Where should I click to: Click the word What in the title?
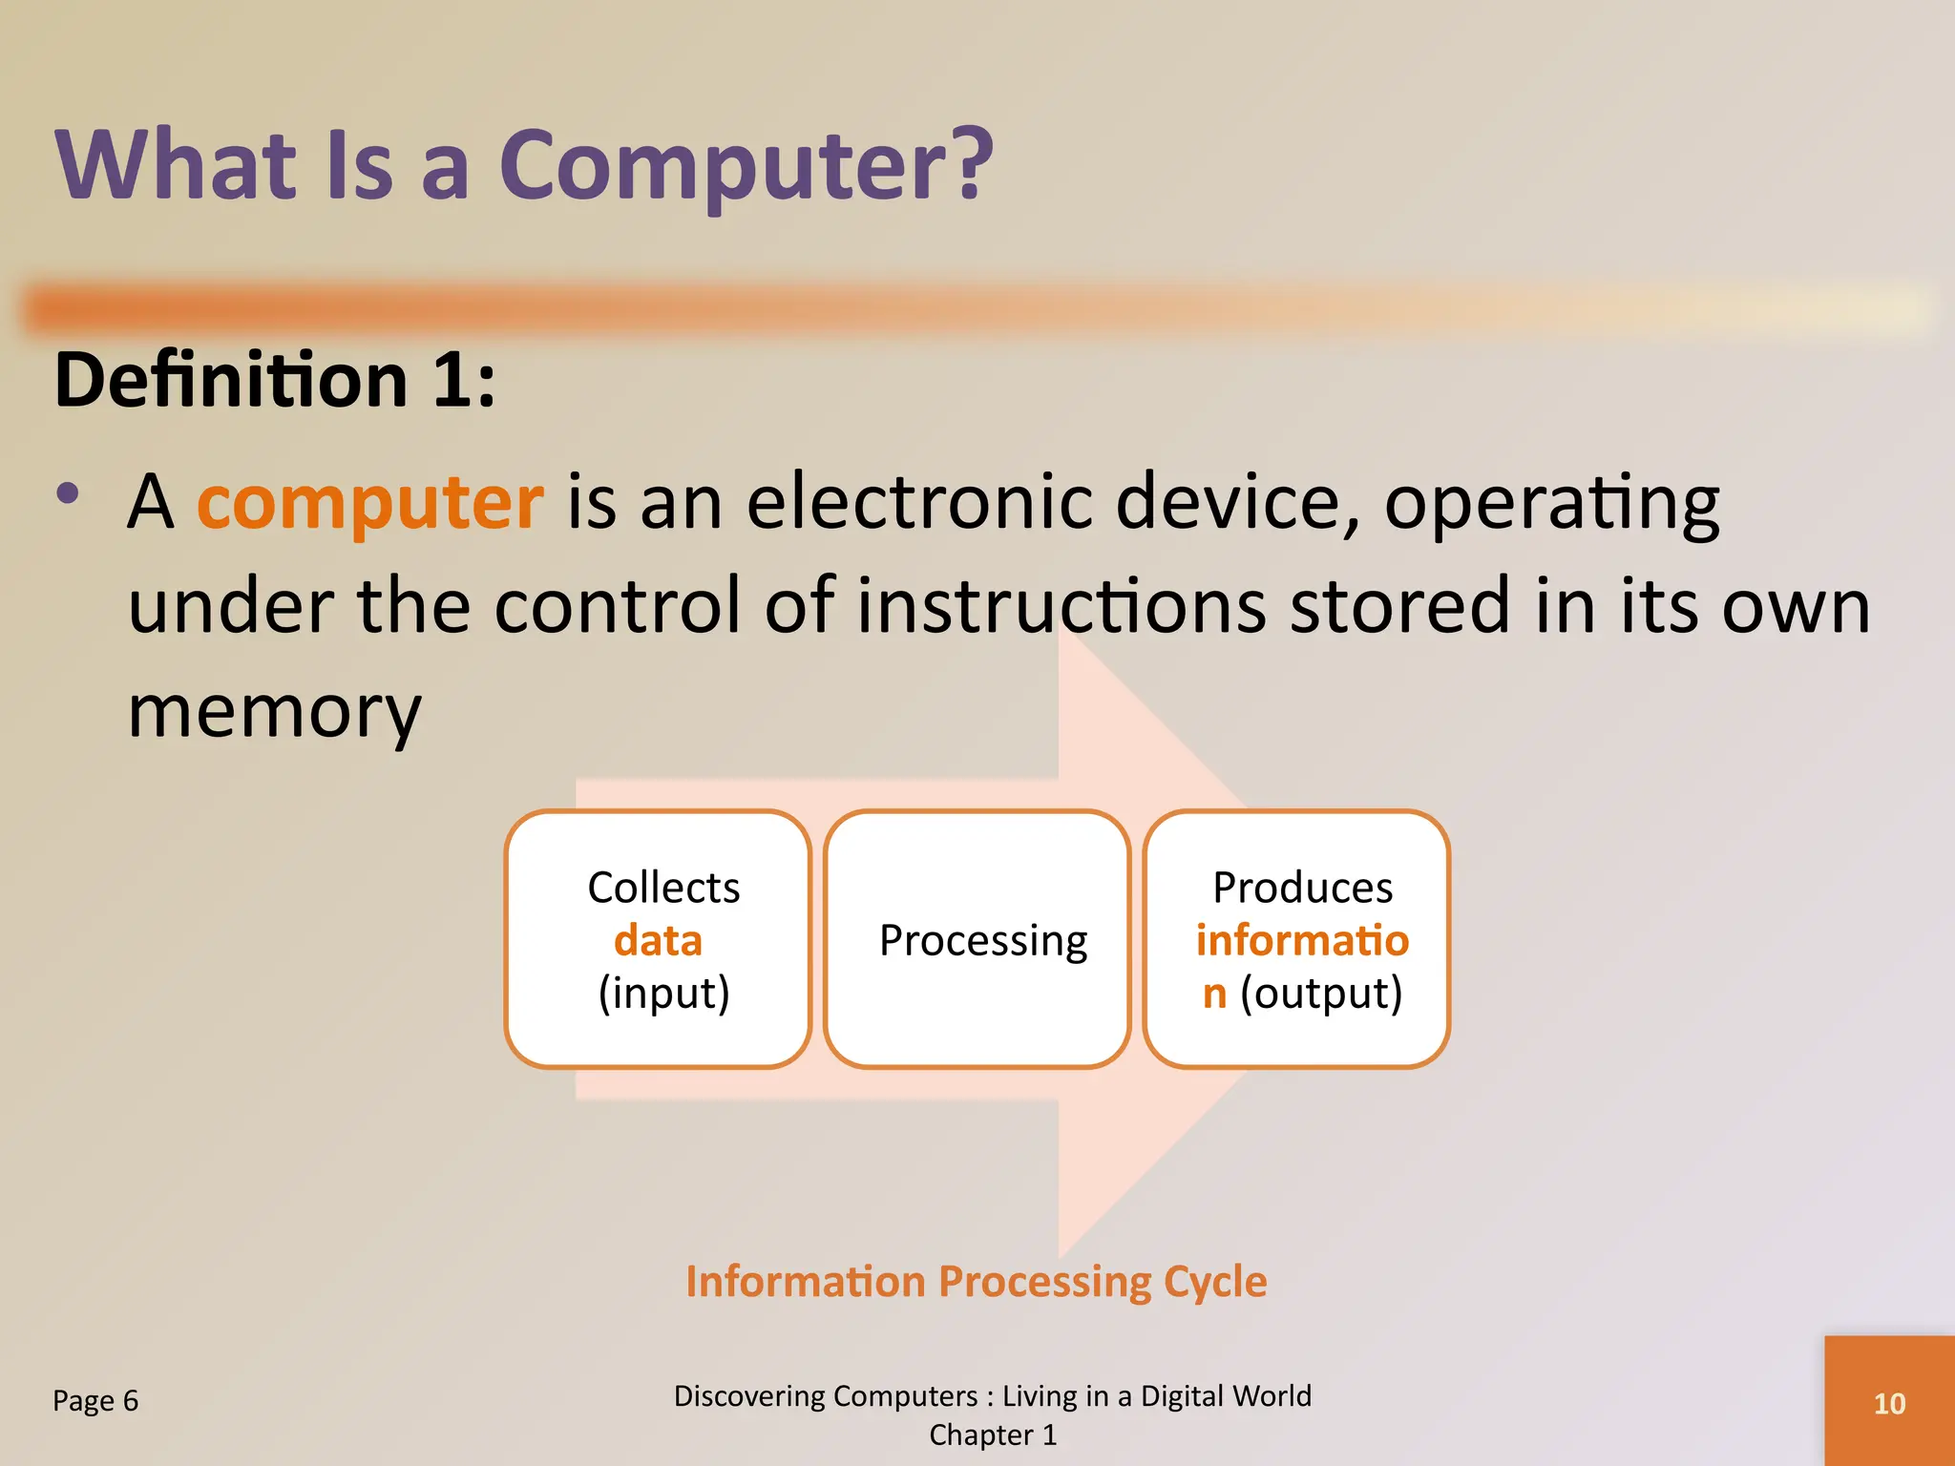[x=178, y=166]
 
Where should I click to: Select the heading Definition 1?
[x=275, y=381]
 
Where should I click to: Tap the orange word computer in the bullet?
[x=370, y=502]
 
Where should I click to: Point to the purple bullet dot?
[x=68, y=493]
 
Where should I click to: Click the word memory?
[x=274, y=712]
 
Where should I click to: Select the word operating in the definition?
[x=1551, y=504]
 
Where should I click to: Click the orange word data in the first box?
[x=658, y=941]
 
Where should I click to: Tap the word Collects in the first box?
[x=663, y=888]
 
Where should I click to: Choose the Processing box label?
[x=982, y=941]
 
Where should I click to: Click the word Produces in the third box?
[x=1302, y=888]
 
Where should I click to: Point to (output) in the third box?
[x=1321, y=994]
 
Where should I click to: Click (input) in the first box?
[x=663, y=994]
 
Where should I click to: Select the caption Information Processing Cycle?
[x=976, y=1282]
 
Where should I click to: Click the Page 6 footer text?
[x=95, y=1401]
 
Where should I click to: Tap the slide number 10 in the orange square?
[x=1889, y=1404]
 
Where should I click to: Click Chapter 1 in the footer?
[x=993, y=1435]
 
